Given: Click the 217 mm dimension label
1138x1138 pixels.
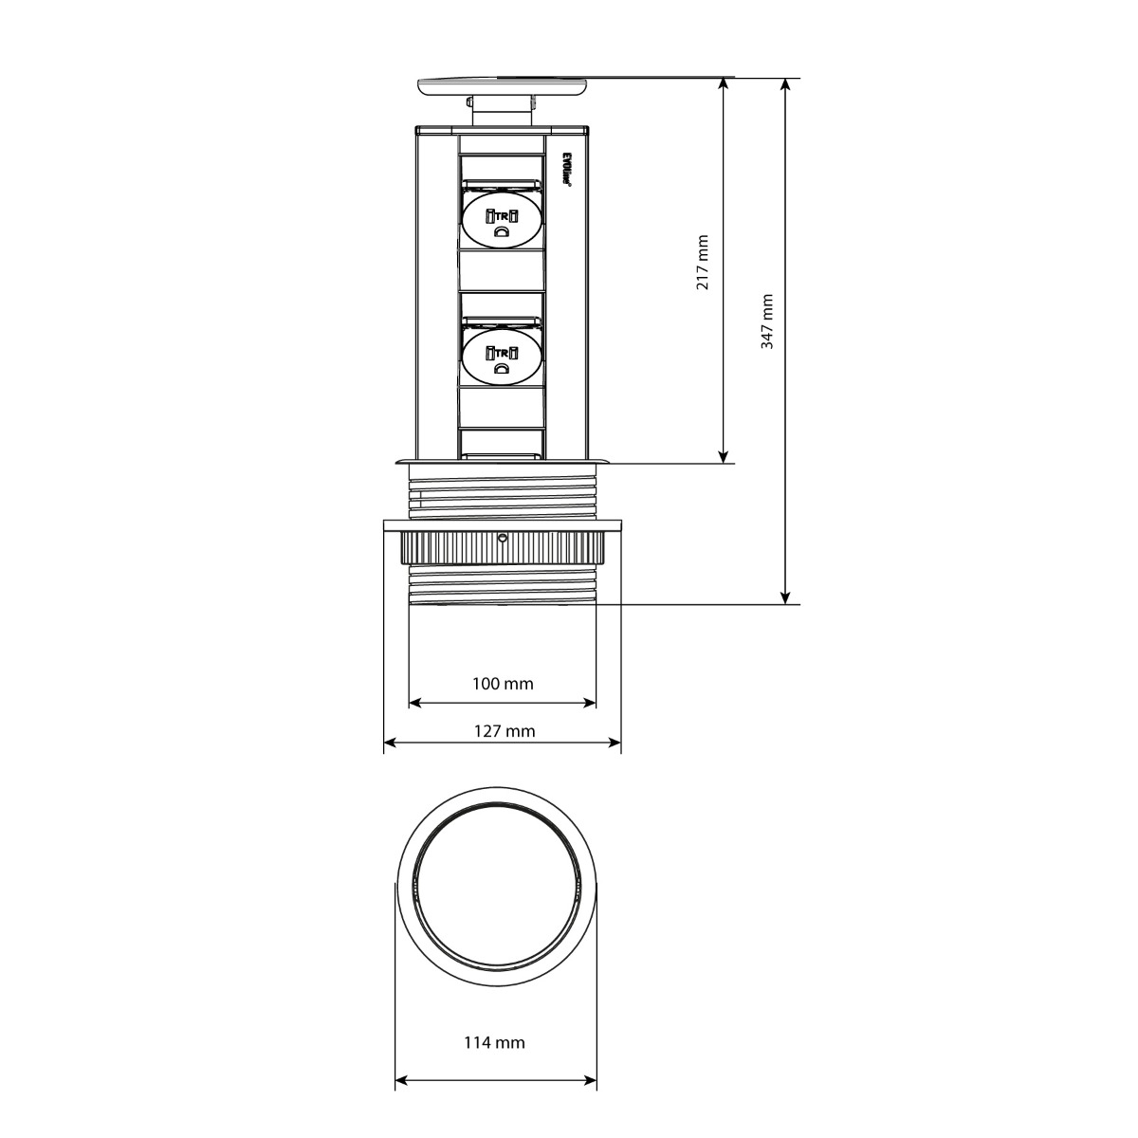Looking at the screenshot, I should click(x=703, y=263).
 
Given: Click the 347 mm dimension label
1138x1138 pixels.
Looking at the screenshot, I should click(x=767, y=321).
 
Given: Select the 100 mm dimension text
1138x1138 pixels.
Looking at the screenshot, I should click(x=503, y=683).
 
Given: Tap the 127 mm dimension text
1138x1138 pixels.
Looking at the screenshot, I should click(x=503, y=730).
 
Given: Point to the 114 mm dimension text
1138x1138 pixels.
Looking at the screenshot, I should click(x=494, y=1043).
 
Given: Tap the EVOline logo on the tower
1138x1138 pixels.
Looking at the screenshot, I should click(x=566, y=170).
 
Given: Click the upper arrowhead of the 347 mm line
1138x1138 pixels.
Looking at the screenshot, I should click(x=785, y=84).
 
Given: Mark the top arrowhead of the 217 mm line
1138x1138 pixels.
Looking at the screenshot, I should click(x=724, y=84).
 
